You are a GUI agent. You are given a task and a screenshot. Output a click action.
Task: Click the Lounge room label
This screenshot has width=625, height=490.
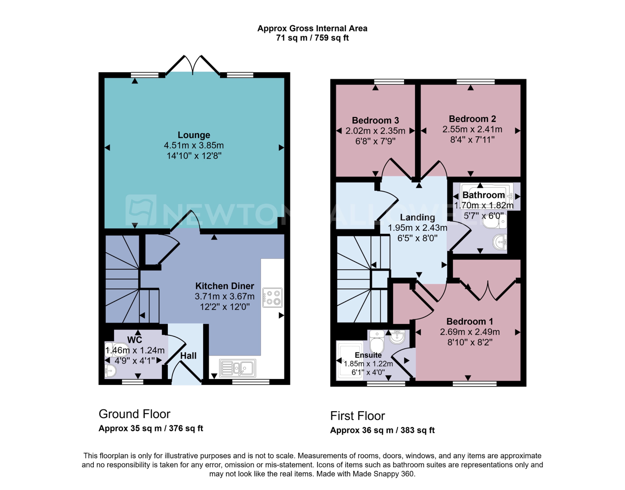[194, 135]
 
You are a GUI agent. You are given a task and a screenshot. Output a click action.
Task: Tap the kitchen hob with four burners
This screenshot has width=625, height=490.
[273, 297]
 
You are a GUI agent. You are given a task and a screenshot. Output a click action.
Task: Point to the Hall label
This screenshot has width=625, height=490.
[188, 356]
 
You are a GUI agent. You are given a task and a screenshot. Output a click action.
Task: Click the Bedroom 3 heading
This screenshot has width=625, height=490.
[375, 120]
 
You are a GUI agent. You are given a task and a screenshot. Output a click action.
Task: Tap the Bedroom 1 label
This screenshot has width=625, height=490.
[470, 321]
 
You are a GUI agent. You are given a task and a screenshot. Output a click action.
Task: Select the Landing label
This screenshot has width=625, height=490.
[417, 217]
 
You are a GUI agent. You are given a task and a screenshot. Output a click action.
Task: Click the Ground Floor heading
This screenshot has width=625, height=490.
[134, 414]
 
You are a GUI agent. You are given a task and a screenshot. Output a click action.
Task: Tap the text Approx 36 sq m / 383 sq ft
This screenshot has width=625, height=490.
[382, 430]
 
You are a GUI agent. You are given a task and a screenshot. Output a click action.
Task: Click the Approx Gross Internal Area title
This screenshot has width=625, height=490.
[312, 28]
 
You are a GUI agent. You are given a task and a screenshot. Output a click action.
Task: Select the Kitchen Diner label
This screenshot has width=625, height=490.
[224, 286]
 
